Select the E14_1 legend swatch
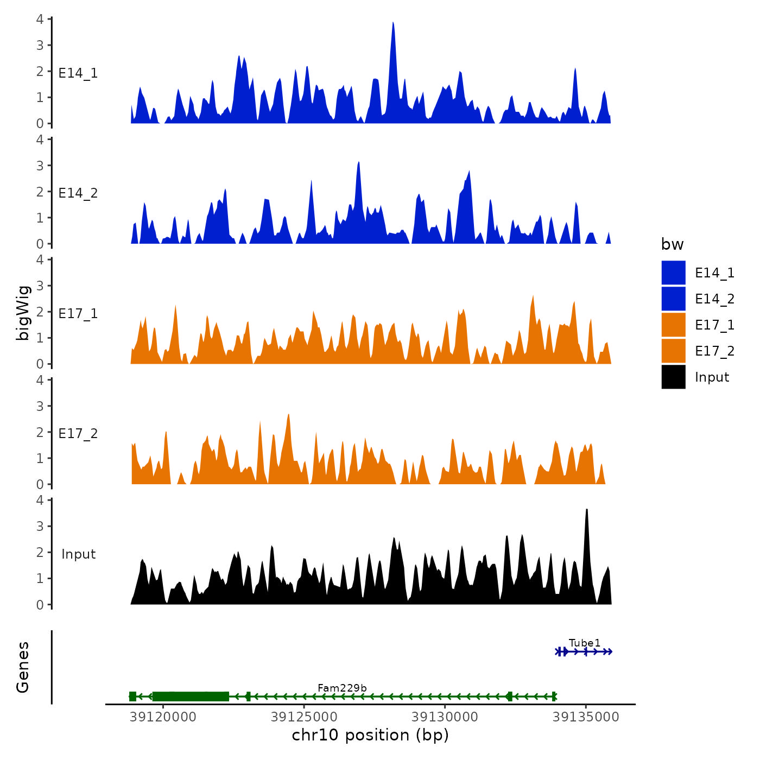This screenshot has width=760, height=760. [673, 273]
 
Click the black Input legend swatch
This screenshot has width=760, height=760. [673, 377]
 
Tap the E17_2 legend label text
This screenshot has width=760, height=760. [714, 351]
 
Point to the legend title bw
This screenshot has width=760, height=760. [672, 244]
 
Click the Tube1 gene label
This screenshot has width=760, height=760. [585, 643]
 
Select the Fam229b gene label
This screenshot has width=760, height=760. [342, 688]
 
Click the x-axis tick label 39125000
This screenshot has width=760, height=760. [304, 717]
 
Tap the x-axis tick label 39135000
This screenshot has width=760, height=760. [586, 717]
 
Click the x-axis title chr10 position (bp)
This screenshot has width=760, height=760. [370, 735]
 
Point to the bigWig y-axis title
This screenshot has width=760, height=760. [23, 312]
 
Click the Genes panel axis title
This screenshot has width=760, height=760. [23, 667]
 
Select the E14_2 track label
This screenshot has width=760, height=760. [78, 193]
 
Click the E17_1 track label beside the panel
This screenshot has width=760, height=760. [78, 314]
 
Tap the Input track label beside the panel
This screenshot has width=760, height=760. [78, 554]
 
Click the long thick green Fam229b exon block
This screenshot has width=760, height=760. [191, 696]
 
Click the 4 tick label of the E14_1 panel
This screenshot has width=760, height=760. [40, 19]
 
